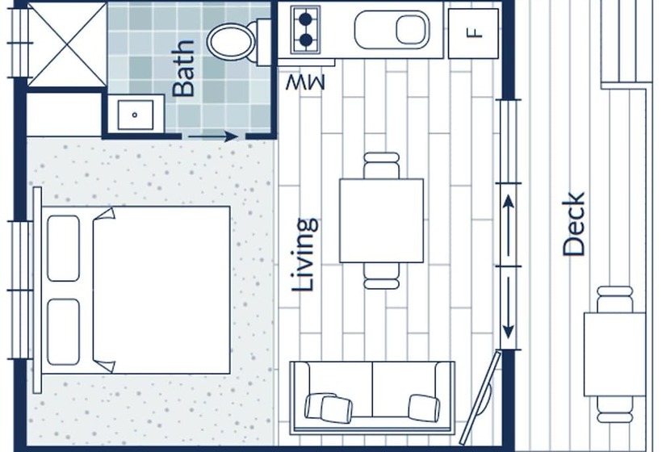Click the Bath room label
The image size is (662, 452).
tap(183, 69)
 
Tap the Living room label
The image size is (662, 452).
tap(305, 255)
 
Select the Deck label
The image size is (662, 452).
tap(574, 224)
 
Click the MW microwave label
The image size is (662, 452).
tap(305, 82)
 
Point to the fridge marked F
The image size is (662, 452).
tap(473, 33)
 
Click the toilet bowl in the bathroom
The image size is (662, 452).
tap(232, 42)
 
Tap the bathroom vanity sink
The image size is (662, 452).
tap(135, 115)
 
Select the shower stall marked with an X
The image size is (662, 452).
tap(67, 44)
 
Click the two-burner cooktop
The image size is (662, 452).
tap(305, 30)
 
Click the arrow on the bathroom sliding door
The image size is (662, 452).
tap(213, 136)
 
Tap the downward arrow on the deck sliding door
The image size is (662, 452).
tap(509, 308)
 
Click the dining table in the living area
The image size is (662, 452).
tap(382, 220)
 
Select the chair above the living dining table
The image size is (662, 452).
tap(381, 165)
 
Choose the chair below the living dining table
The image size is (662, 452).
tap(381, 276)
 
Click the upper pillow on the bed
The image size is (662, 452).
tap(63, 248)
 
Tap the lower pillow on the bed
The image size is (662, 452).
tap(63, 332)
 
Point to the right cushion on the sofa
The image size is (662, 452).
tap(424, 408)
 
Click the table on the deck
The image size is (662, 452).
tap(614, 354)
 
